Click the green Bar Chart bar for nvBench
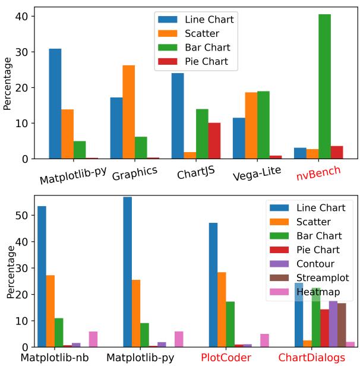(x=325, y=87)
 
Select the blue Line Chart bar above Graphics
(x=116, y=128)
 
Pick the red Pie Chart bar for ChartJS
(x=214, y=141)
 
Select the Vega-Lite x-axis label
(x=257, y=175)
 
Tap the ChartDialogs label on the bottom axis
(x=311, y=358)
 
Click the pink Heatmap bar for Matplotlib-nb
(x=93, y=339)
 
